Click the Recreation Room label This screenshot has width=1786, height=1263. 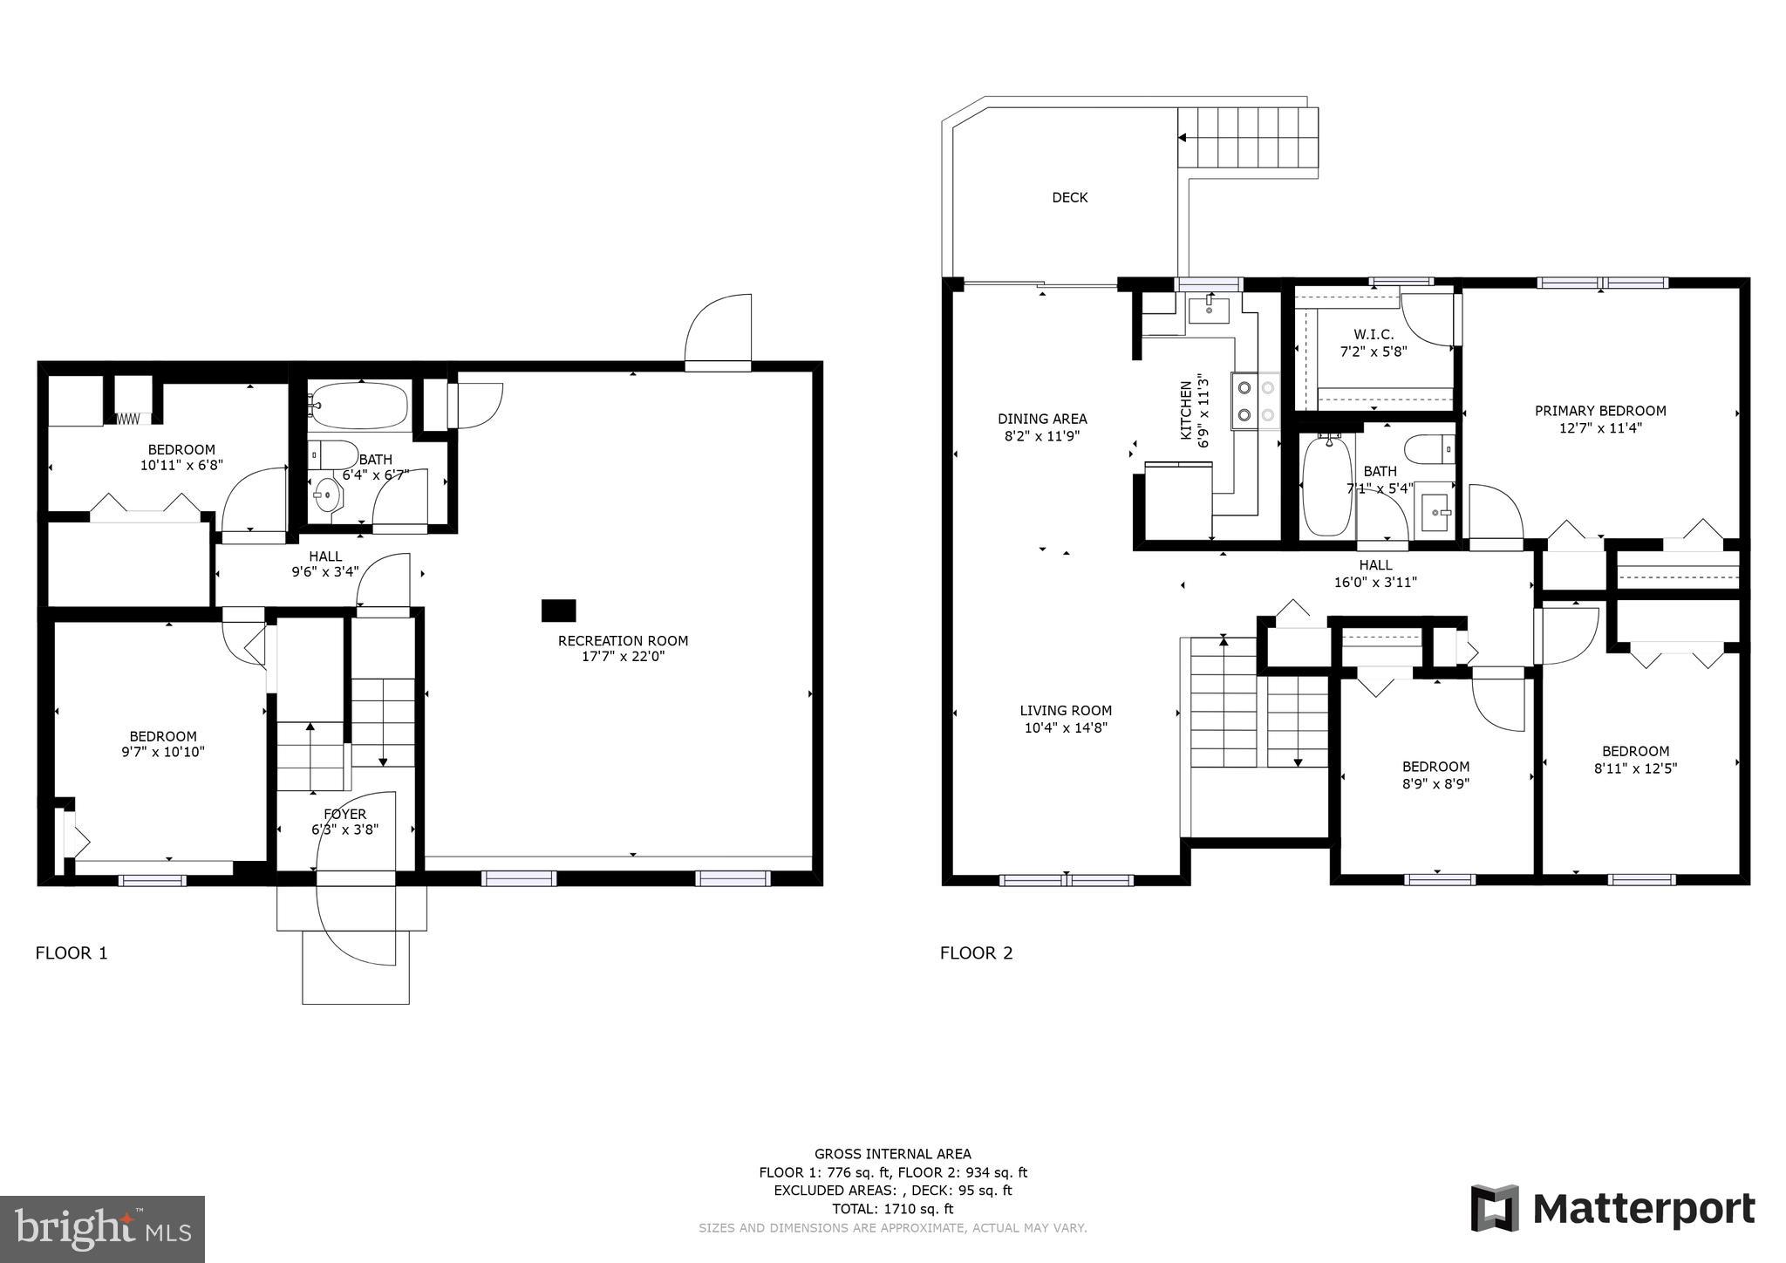click(623, 641)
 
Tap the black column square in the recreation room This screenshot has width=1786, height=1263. click(558, 611)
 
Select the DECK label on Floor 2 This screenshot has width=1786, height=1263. click(1069, 198)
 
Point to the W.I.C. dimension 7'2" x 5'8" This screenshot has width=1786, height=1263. click(1374, 352)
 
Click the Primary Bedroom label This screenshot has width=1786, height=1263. click(1600, 411)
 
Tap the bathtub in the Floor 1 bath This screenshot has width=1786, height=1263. click(358, 406)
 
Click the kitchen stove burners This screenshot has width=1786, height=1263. click(1255, 401)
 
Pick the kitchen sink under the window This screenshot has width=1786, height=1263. click(1210, 308)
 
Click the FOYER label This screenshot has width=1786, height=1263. click(345, 815)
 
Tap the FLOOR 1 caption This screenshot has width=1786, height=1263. click(72, 953)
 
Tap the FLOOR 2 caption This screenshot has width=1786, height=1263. click(976, 953)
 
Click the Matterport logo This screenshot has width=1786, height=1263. click(1612, 1209)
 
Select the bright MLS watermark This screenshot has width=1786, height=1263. click(103, 1229)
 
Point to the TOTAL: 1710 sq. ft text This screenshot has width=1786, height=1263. click(892, 1209)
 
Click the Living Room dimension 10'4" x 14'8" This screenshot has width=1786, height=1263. click(1066, 727)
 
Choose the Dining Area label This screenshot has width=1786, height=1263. click(1042, 419)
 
